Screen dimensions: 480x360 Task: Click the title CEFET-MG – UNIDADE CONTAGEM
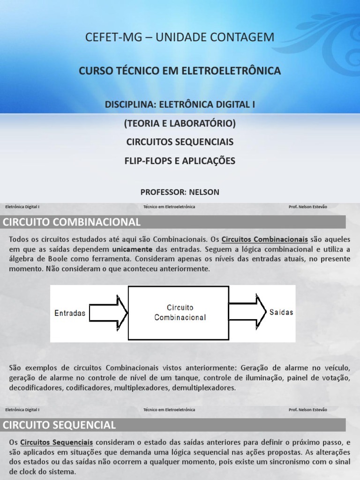coord(180,37)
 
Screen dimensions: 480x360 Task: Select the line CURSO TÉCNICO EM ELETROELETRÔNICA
coord(180,71)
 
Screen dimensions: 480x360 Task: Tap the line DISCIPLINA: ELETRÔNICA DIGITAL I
coord(180,104)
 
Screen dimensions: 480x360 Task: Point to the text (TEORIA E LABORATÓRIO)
coord(180,123)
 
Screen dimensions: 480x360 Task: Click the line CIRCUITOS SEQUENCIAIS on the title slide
coord(180,142)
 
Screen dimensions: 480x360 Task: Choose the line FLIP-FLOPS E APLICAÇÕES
coord(180,161)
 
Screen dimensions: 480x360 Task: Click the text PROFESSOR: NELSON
coord(180,192)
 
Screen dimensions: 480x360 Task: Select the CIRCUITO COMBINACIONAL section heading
coord(72,222)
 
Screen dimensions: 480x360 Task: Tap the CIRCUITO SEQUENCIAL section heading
coord(60,425)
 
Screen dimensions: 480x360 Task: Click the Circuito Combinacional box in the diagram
coord(180,313)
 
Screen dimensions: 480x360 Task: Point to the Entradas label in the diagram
coord(70,313)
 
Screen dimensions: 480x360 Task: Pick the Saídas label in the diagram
coord(281,312)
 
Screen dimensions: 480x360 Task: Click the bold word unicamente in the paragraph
coord(133,249)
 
